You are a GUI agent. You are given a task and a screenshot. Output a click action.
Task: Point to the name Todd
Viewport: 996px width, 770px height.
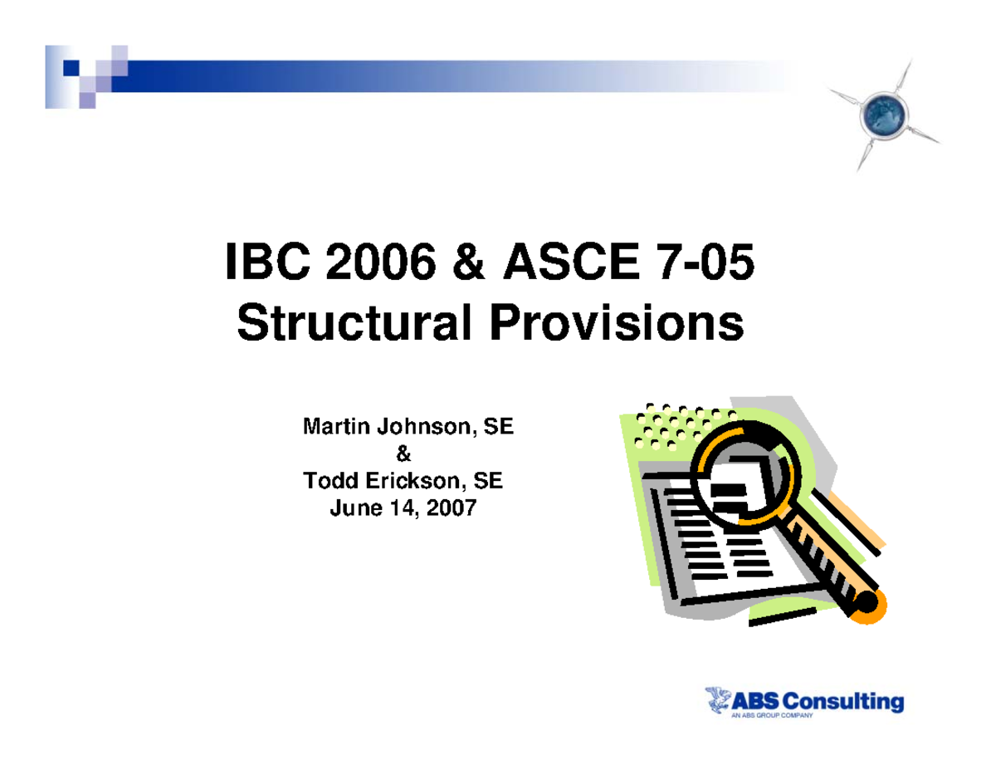[325, 481]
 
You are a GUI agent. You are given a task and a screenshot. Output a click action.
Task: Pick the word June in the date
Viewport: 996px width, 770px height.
[354, 507]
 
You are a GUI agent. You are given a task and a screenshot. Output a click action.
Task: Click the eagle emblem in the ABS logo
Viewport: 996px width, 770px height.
[716, 703]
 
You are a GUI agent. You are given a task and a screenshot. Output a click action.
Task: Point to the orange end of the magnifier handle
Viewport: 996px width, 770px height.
[869, 606]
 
